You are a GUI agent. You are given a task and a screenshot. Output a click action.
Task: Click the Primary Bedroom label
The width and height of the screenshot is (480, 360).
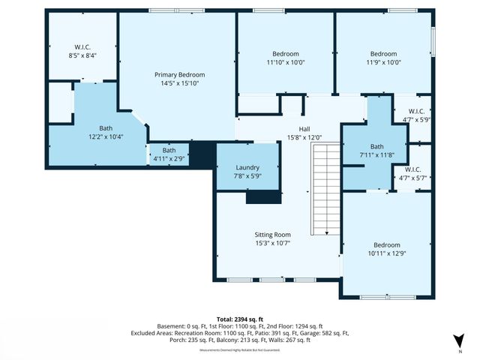pos(179,75)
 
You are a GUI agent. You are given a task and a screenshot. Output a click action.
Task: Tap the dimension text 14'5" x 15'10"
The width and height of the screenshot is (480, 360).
pos(179,84)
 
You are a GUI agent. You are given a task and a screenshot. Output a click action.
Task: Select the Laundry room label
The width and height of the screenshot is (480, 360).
pos(247,167)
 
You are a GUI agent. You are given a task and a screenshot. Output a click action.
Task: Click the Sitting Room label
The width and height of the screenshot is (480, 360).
pos(272,235)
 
